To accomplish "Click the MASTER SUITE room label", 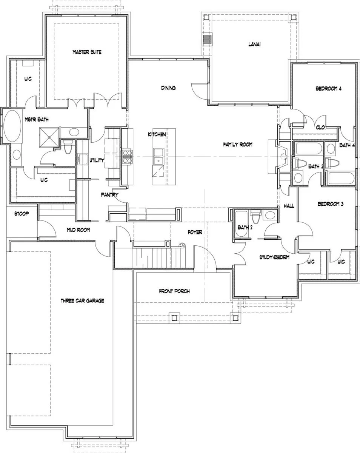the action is [87, 52].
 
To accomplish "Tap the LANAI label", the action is [254, 44].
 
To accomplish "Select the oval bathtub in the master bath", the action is [12, 126].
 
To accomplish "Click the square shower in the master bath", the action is [49, 137].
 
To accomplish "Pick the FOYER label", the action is [195, 232].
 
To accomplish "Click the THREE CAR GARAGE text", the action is [82, 300].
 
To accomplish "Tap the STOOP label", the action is [22, 214].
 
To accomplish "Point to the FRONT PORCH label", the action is [174, 291].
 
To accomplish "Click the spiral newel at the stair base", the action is [182, 245].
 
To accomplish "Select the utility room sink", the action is [83, 159].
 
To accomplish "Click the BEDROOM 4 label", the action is [328, 89].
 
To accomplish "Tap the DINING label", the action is [168, 88].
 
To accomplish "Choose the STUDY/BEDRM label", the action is [274, 257].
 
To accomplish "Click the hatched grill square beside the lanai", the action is [207, 39].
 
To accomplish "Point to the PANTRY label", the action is [109, 195].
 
